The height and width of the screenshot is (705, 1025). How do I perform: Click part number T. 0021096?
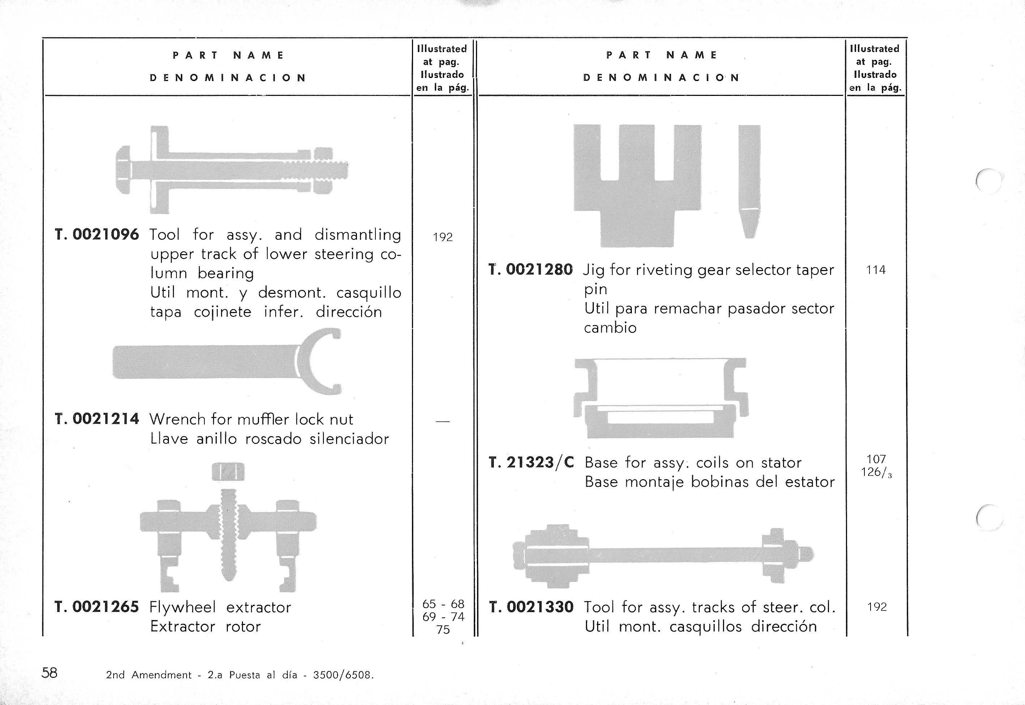pos(97,235)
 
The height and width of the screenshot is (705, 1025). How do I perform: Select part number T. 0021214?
pos(97,419)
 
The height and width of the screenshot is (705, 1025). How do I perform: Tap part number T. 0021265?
pos(97,607)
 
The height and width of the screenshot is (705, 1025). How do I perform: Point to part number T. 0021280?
pos(531,270)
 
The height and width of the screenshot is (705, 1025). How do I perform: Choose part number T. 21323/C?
pos(531,463)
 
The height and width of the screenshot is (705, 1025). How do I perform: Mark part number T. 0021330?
pos(531,607)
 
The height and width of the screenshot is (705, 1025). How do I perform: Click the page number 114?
pos(875,270)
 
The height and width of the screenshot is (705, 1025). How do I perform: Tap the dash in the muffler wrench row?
pos(442,422)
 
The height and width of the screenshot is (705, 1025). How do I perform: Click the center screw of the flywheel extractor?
pos(229,535)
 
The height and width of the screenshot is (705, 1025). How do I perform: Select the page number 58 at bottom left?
pos(50,673)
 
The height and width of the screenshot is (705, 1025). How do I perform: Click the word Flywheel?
pos(183,607)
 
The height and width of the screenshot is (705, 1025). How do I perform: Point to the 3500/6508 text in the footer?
pos(343,675)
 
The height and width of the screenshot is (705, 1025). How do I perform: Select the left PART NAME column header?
pos(228,56)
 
